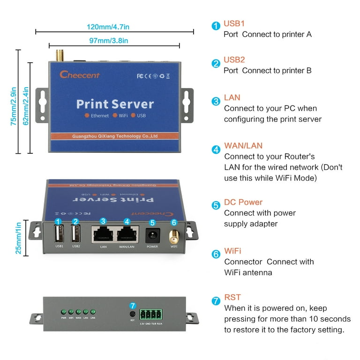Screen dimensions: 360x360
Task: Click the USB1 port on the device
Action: (x=59, y=233)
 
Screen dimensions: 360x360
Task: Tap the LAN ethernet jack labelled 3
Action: (x=103, y=234)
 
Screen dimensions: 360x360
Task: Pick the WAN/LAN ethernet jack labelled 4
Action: (x=127, y=234)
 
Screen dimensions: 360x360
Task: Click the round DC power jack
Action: (x=152, y=235)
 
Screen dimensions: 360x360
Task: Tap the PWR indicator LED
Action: (x=63, y=312)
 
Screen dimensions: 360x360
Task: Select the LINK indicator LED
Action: (x=93, y=312)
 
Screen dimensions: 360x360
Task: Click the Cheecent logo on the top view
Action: (x=80, y=75)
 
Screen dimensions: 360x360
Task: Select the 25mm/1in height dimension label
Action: (x=19, y=238)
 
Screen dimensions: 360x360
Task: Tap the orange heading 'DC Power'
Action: (x=243, y=202)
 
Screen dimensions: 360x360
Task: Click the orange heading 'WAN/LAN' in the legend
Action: (x=243, y=146)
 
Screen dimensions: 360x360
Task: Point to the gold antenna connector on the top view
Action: (x=60, y=56)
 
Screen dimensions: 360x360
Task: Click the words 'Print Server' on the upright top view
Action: (x=115, y=104)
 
